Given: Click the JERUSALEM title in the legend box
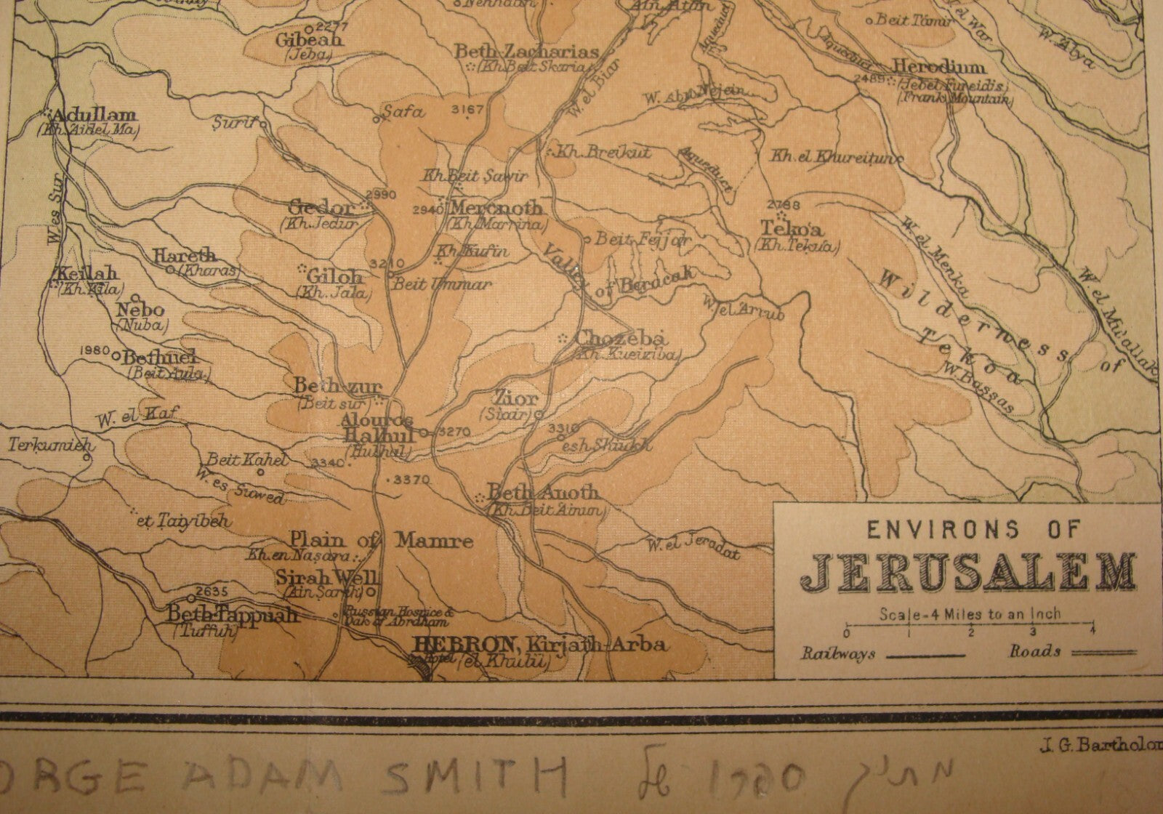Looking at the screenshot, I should click(x=969, y=572).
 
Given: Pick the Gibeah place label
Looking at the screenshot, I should click(x=308, y=40).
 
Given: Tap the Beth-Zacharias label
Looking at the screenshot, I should click(x=526, y=52).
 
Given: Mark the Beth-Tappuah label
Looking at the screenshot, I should click(x=233, y=615).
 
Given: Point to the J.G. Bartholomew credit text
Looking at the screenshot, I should click(x=1098, y=743).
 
